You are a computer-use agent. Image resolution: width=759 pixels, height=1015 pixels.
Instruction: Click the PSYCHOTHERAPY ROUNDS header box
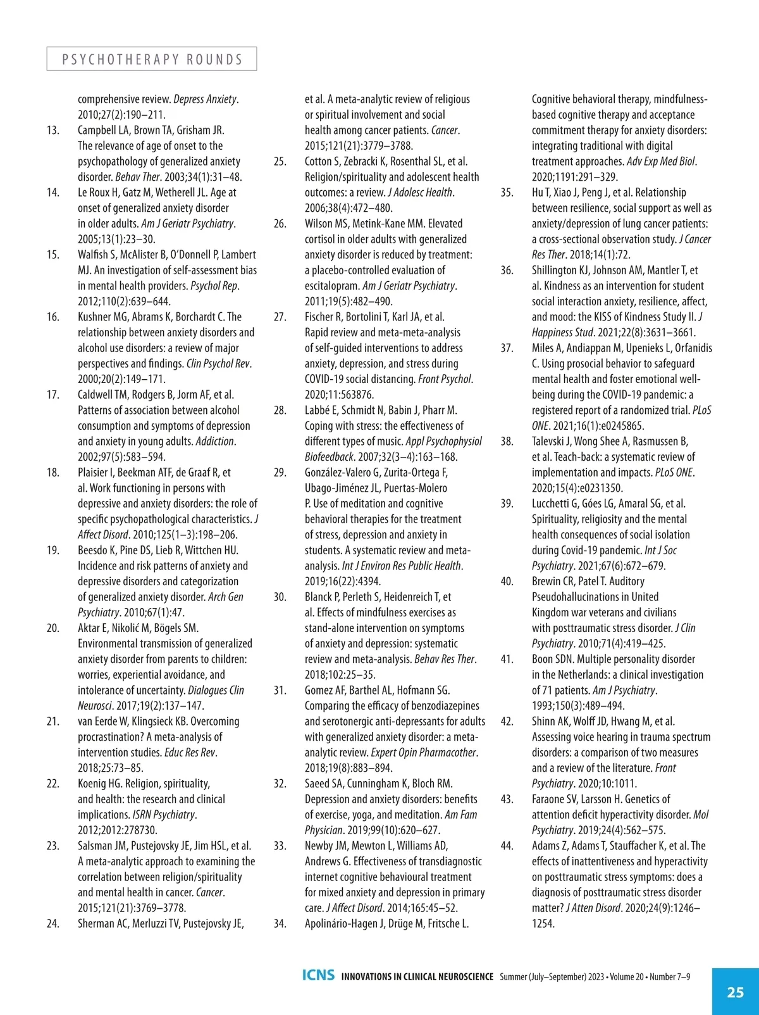pos(152,59)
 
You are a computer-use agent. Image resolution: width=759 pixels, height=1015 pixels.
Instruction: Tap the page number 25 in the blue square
pos(735,992)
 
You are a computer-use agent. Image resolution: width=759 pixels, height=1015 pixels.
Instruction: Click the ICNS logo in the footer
pos(318,975)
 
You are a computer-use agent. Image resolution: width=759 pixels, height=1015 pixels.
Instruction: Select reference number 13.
pos(53,130)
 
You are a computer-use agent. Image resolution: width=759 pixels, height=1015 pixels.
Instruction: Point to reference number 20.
pos(53,628)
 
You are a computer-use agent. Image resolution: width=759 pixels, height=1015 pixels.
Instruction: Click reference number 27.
pos(280,317)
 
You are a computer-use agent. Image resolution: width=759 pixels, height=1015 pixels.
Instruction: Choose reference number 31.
pos(280,690)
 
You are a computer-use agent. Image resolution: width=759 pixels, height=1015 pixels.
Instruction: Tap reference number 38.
pos(507,441)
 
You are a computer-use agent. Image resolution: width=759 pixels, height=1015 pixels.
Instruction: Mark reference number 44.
pos(507,846)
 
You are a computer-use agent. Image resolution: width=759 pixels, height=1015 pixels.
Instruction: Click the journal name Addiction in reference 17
pos(214,441)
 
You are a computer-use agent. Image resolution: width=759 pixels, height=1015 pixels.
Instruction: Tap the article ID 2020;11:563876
pos(339,394)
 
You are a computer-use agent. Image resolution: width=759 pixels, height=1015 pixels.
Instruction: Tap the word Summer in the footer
pos(512,976)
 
